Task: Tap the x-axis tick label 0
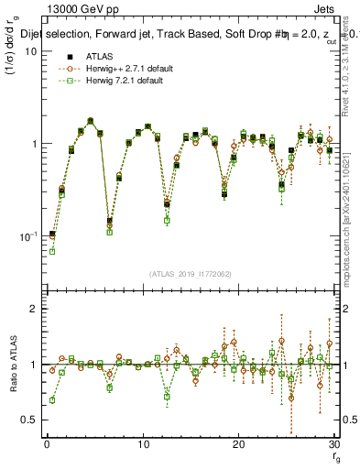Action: click(x=47, y=445)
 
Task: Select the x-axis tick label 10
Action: click(x=143, y=445)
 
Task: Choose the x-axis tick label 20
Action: click(x=238, y=445)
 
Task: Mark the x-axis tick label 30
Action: click(x=333, y=445)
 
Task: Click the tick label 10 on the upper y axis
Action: click(x=30, y=52)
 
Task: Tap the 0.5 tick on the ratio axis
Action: click(x=29, y=420)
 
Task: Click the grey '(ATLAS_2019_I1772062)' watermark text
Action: click(x=190, y=274)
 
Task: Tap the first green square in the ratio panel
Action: click(x=52, y=400)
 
